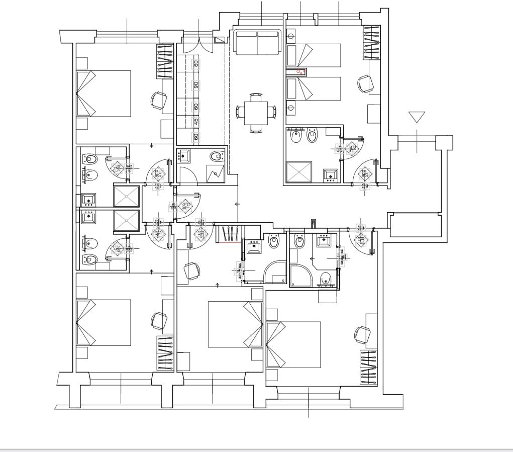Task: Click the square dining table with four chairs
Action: click(x=256, y=113)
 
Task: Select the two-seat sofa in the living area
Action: click(x=257, y=43)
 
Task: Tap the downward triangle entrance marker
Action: click(x=417, y=117)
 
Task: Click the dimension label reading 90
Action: click(x=196, y=85)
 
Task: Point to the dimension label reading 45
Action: click(x=196, y=121)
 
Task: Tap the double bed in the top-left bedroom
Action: click(x=104, y=94)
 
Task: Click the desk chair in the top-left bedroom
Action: click(x=159, y=100)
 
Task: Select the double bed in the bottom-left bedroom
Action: click(x=104, y=323)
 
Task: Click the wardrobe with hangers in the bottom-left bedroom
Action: click(x=165, y=353)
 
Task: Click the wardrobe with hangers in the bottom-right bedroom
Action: click(x=368, y=368)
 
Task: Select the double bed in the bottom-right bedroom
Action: click(x=293, y=344)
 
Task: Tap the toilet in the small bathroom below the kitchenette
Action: click(x=216, y=156)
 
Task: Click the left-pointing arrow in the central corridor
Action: click(x=237, y=204)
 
